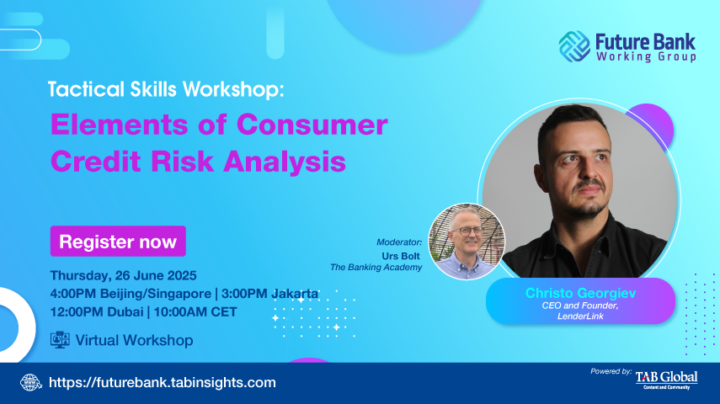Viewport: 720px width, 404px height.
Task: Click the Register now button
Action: point(118,241)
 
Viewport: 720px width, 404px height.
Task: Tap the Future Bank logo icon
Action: point(574,46)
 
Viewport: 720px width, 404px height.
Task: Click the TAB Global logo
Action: point(666,380)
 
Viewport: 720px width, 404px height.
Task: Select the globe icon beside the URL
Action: point(31,382)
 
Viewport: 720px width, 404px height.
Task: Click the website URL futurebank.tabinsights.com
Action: point(162,382)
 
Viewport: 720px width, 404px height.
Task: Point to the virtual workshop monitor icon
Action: point(60,340)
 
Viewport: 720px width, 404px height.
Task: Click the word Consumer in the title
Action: point(312,125)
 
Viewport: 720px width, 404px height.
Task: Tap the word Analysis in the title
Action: point(285,162)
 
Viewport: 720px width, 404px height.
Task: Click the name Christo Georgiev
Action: point(580,293)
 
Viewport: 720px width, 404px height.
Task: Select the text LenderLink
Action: point(580,316)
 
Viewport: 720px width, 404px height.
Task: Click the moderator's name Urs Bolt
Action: point(401,256)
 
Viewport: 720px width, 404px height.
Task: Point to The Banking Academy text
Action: point(376,267)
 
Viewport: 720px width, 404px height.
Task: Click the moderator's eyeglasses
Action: point(466,231)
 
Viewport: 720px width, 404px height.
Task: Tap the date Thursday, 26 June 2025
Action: point(124,275)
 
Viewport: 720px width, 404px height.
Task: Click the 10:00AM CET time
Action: point(195,312)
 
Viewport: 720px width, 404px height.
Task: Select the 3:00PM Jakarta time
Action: point(269,294)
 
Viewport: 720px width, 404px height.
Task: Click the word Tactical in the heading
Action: point(86,89)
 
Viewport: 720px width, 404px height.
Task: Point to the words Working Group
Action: point(646,56)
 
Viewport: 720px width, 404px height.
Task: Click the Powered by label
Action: point(611,371)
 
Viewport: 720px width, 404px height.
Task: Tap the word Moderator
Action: point(399,242)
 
